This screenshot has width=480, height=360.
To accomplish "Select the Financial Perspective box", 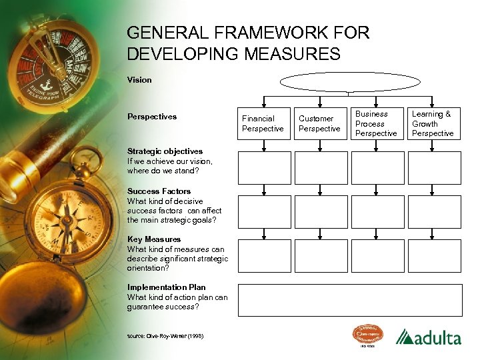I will (x=263, y=123).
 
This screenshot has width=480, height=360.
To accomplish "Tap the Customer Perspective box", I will (x=319, y=123).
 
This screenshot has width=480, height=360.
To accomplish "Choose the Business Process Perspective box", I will (x=376, y=123).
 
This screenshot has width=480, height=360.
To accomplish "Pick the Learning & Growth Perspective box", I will (x=433, y=123).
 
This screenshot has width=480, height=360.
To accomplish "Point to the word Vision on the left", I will (x=139, y=80).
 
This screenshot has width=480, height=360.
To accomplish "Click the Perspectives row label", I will (x=152, y=117).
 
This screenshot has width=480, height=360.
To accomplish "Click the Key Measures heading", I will (x=154, y=239).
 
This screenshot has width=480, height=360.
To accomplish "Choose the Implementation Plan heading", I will (x=166, y=287).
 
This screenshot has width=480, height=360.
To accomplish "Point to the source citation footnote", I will (x=165, y=335).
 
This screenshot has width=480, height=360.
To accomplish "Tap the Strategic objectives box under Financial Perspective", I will (x=265, y=168).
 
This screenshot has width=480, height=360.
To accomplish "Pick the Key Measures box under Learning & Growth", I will (x=434, y=256).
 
